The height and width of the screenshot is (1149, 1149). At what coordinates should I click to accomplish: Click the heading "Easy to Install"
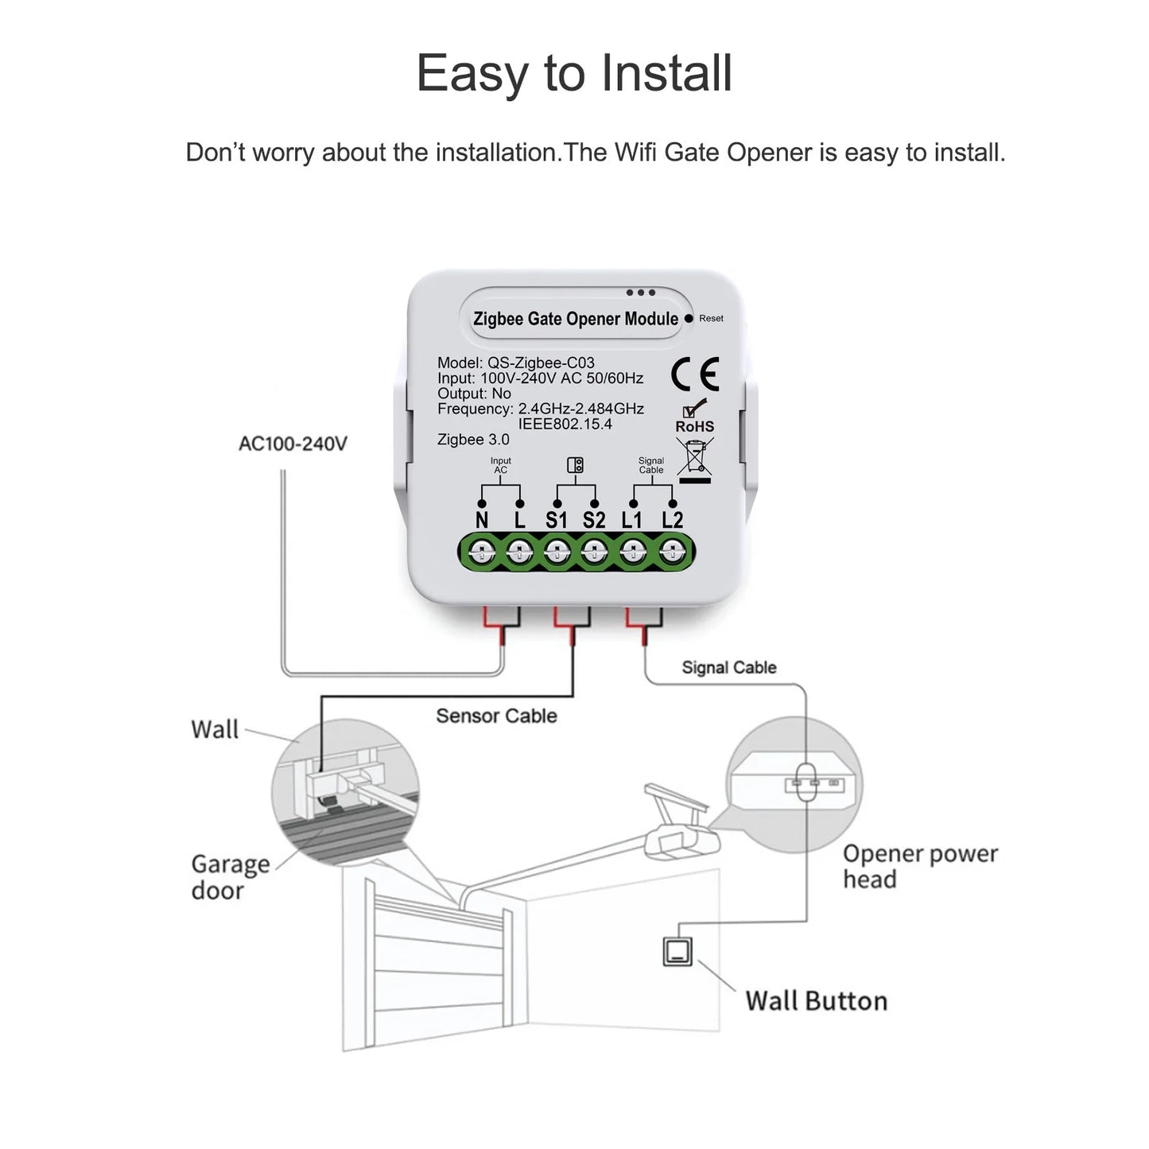pyautogui.click(x=573, y=73)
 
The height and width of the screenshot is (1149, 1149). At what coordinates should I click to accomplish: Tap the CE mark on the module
pyautogui.click(x=694, y=375)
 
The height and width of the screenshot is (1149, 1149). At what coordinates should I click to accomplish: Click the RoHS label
pyautogui.click(x=694, y=426)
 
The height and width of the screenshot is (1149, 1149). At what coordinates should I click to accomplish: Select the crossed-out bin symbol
pyautogui.click(x=695, y=460)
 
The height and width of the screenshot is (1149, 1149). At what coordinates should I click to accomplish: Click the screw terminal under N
pyautogui.click(x=482, y=550)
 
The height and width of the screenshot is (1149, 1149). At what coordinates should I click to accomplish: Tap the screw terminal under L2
pyautogui.click(x=673, y=550)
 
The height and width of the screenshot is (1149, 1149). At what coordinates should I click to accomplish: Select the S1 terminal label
pyautogui.click(x=557, y=520)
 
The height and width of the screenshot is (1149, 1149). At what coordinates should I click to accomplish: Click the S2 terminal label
pyautogui.click(x=594, y=520)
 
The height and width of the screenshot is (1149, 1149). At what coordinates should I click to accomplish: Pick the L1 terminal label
pyautogui.click(x=632, y=520)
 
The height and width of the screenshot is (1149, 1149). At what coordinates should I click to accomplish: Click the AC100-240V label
pyautogui.click(x=293, y=444)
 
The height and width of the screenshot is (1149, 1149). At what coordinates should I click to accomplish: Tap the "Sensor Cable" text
pyautogui.click(x=496, y=716)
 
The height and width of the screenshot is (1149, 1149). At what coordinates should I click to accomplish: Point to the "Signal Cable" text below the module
pyautogui.click(x=728, y=667)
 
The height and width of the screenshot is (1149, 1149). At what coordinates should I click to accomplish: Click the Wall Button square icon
pyautogui.click(x=677, y=951)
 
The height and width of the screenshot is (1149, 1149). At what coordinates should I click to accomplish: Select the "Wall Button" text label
pyautogui.click(x=816, y=1000)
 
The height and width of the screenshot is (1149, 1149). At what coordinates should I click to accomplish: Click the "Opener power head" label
pyautogui.click(x=919, y=866)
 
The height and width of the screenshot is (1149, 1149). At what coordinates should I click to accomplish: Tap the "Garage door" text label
pyautogui.click(x=230, y=876)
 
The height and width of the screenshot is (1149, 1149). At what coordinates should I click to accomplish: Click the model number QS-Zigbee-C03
pyautogui.click(x=541, y=363)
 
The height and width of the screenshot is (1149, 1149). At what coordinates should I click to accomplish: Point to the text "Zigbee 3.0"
pyautogui.click(x=473, y=440)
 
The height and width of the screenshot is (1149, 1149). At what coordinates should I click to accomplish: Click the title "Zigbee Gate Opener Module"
pyautogui.click(x=576, y=319)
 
